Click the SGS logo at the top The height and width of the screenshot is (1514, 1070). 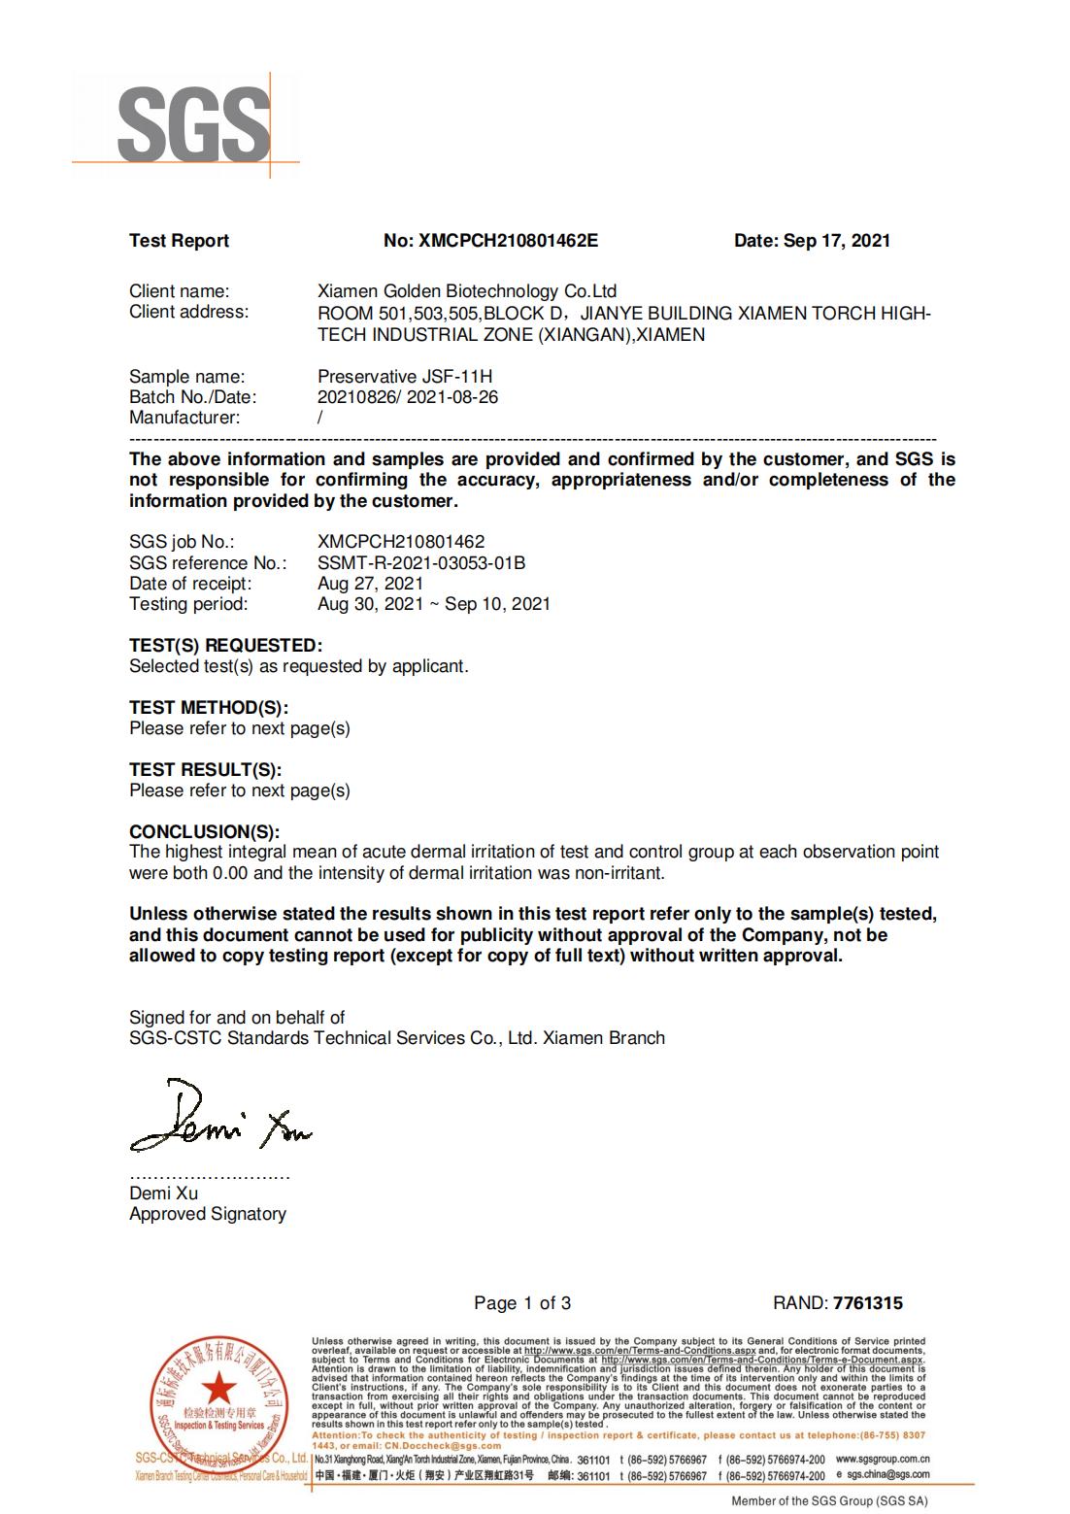click(192, 123)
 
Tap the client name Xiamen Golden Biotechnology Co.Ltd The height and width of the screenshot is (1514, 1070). click(467, 291)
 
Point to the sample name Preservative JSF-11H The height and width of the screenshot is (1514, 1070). click(405, 377)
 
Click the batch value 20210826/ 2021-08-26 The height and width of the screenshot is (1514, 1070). click(408, 397)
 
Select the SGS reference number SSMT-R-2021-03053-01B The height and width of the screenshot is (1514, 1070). click(421, 563)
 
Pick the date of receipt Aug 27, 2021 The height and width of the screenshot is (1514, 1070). click(370, 584)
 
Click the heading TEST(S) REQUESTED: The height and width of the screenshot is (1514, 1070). click(225, 646)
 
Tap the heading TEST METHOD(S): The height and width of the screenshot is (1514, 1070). click(209, 708)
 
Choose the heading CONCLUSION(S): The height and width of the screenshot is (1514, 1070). click(204, 831)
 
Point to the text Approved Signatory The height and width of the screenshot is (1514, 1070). click(208, 1214)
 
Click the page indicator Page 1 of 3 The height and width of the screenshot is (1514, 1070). click(522, 1303)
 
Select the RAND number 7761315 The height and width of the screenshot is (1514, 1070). click(867, 1303)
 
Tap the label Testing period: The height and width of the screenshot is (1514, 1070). click(188, 604)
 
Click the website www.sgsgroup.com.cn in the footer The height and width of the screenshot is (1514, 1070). click(883, 1459)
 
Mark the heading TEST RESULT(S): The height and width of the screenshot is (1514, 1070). click(205, 770)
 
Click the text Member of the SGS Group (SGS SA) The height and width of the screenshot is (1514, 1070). click(829, 1501)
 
